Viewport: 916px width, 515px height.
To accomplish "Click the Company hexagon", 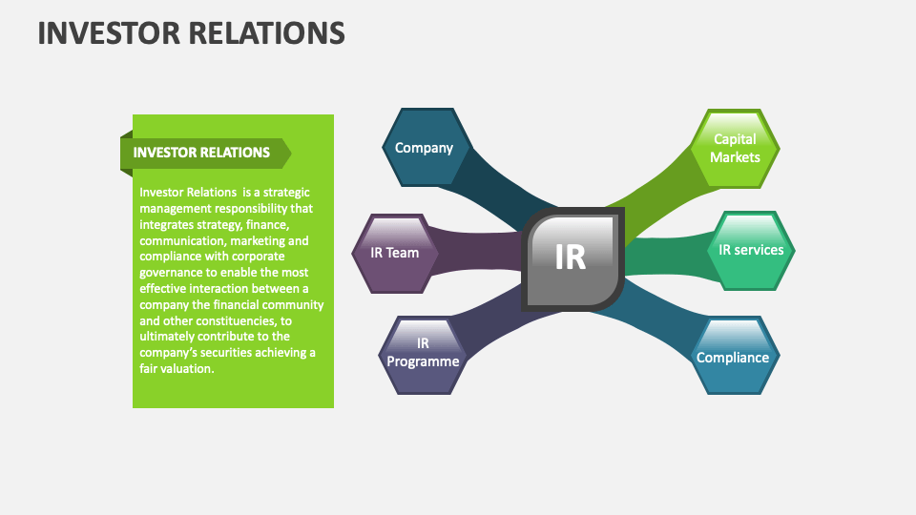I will point(424,148).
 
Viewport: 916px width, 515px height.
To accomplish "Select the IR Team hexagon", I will point(395,253).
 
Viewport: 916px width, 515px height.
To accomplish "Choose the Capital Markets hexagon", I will point(736,148).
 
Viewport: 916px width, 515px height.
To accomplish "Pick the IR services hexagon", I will point(751,250).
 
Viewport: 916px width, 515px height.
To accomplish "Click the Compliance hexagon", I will point(733,358).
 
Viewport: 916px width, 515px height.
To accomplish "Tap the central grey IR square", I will point(572,257).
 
